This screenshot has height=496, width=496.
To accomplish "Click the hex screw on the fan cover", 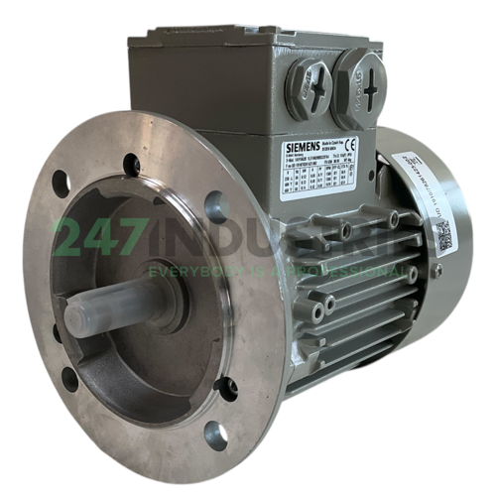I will pyautogui.click(x=435, y=269).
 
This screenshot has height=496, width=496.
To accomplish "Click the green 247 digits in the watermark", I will pyautogui.click(x=95, y=238).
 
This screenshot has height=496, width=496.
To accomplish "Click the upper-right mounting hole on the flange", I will pyautogui.click(x=217, y=205).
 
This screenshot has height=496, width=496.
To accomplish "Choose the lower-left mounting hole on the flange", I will pyautogui.click(x=68, y=378).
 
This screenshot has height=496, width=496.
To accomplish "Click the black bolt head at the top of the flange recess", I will pyautogui.click(x=131, y=164).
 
